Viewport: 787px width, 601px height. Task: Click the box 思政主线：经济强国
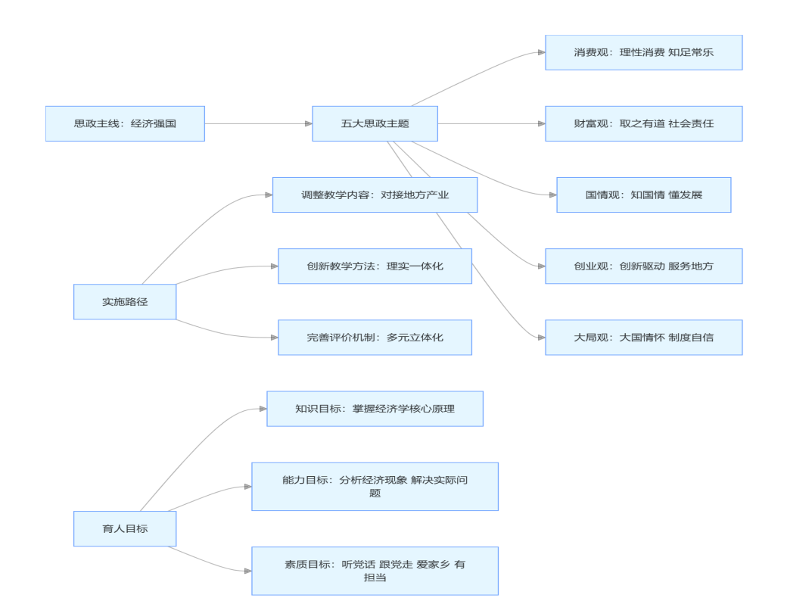point(125,123)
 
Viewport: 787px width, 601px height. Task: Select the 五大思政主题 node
point(375,123)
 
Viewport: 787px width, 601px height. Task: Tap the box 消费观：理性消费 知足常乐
point(643,52)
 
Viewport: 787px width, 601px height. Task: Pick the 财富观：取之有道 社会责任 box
point(643,123)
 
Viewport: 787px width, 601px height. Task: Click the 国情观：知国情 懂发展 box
point(643,195)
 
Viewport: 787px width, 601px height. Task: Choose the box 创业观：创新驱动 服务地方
point(643,266)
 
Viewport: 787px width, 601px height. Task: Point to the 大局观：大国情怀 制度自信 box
point(643,337)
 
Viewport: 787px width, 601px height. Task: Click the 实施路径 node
point(125,301)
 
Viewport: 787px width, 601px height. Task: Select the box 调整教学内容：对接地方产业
point(375,195)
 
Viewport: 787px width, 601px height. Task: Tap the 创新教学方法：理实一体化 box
point(375,266)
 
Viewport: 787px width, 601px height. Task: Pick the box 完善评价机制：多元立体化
point(375,337)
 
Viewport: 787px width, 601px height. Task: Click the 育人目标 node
point(125,528)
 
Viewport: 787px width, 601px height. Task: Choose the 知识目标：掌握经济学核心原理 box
point(375,409)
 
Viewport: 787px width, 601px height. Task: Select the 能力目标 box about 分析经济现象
point(375,486)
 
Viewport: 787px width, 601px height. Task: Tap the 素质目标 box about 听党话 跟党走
point(375,571)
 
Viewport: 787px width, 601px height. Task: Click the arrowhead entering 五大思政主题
point(308,123)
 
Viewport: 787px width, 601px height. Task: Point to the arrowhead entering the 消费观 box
point(541,52)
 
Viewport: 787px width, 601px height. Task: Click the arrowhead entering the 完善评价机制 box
point(274,337)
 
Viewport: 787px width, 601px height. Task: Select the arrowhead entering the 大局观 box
point(541,337)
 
